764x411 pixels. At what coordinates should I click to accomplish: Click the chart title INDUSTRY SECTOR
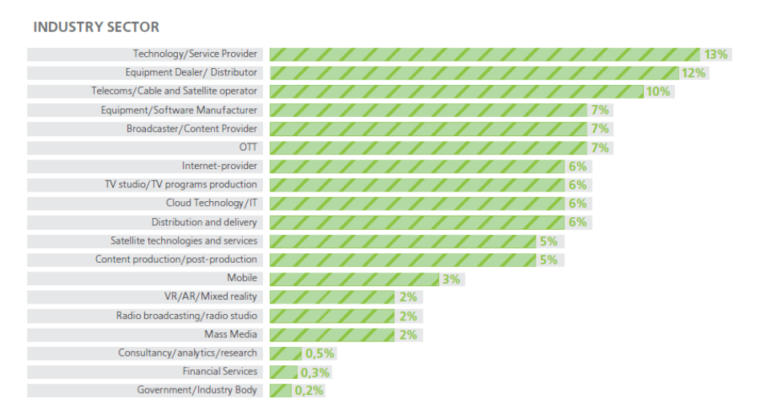(x=96, y=27)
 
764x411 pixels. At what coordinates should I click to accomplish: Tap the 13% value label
(x=715, y=54)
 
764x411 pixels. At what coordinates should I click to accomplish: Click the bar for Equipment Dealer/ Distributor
(x=473, y=73)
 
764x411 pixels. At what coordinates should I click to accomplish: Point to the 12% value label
(x=693, y=73)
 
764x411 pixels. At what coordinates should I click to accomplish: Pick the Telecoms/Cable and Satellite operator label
(x=174, y=91)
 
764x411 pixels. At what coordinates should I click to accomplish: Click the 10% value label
(x=657, y=91)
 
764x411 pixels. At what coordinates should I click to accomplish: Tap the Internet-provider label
(x=220, y=166)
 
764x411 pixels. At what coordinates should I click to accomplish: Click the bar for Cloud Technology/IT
(x=417, y=203)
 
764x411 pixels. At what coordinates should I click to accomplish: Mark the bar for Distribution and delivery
(x=417, y=222)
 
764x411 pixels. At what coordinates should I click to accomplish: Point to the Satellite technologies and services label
(x=184, y=240)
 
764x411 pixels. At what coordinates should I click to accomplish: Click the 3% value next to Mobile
(x=451, y=279)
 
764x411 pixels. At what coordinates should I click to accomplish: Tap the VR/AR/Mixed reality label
(x=211, y=296)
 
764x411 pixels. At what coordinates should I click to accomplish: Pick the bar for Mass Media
(x=332, y=334)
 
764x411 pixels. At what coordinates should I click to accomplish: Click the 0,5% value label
(x=319, y=353)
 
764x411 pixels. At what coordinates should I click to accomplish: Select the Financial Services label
(x=220, y=371)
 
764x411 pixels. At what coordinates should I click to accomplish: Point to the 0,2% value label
(x=309, y=391)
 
